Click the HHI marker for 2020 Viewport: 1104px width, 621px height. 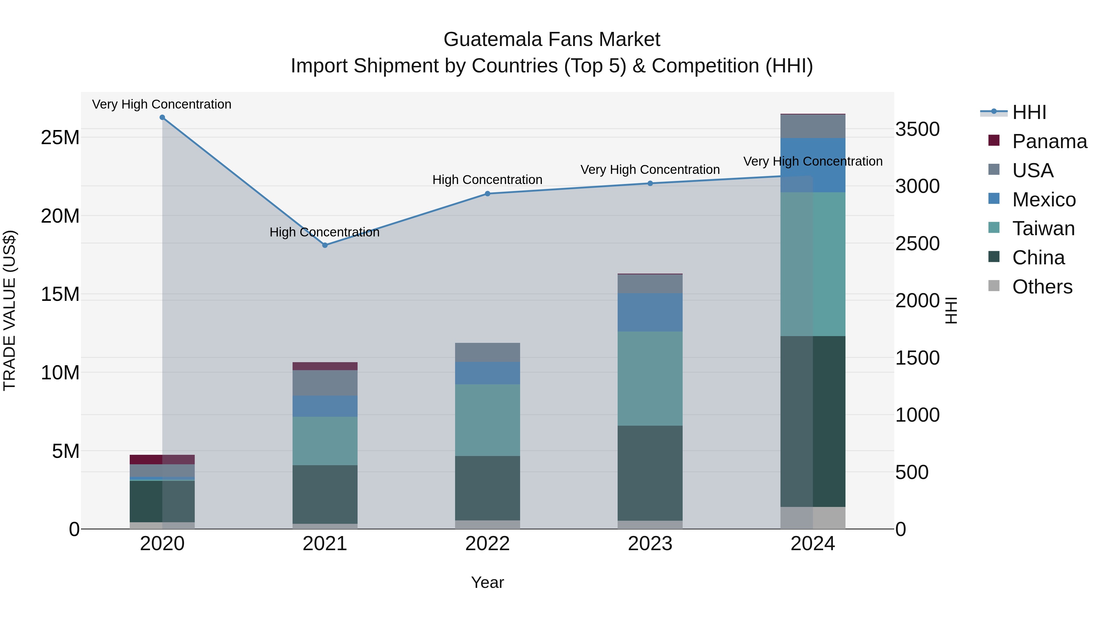click(x=162, y=117)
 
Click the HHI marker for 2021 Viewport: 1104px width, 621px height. click(x=325, y=245)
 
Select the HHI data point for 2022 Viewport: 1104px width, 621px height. click(x=487, y=194)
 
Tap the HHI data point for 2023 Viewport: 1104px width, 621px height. click(x=650, y=183)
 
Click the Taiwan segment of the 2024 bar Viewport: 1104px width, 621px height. click(x=813, y=264)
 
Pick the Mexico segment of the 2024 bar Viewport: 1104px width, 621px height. click(x=813, y=165)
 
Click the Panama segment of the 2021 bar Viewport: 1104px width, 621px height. click(x=325, y=366)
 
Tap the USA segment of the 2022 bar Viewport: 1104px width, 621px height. click(x=487, y=352)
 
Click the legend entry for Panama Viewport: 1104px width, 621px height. click(x=1049, y=141)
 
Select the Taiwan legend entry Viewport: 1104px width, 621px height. click(x=1043, y=228)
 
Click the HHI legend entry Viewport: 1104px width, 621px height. click(x=1029, y=112)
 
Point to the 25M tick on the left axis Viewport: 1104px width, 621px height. click(x=60, y=138)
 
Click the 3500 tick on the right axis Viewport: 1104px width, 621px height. click(x=918, y=129)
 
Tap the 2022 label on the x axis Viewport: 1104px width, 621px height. click(x=487, y=544)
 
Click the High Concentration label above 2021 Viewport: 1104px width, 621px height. click(x=324, y=232)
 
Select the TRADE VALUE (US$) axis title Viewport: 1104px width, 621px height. click(x=10, y=310)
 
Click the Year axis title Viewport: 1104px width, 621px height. click(x=487, y=582)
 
